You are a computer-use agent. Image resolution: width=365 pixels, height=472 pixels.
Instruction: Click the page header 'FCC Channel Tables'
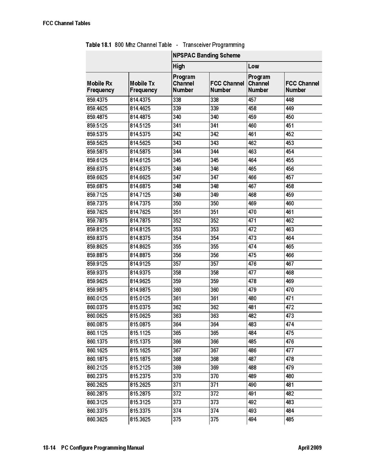coord(67,23)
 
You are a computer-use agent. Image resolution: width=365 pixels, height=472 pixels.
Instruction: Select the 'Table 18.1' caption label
coord(99,45)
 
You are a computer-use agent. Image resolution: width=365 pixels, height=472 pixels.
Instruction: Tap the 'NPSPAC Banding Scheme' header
coord(206,56)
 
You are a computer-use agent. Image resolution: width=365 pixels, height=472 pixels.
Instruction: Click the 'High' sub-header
coord(179,66)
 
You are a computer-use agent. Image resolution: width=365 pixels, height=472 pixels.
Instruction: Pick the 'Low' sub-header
coord(253,66)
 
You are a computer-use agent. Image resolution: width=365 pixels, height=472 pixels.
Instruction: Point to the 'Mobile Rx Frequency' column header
coord(101,87)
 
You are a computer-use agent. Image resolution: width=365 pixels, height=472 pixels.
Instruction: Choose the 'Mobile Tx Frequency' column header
coord(143,87)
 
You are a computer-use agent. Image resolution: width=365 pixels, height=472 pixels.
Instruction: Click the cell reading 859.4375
coord(97,100)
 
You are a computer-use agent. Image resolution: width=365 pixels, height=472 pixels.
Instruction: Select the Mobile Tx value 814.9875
coord(140,290)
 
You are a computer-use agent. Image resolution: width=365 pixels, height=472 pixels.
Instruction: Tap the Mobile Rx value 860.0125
coord(97,299)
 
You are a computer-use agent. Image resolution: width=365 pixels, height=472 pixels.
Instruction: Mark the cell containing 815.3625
coord(140,420)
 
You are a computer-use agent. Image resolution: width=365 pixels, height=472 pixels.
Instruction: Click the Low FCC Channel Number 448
coord(290,100)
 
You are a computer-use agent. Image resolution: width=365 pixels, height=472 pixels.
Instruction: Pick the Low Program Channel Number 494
coord(252,420)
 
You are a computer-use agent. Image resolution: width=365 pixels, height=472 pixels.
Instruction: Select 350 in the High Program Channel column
coord(177,204)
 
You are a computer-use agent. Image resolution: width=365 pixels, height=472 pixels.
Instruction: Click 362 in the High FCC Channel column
coord(214,307)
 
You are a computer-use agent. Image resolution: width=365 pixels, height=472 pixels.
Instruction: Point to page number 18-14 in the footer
coord(49,448)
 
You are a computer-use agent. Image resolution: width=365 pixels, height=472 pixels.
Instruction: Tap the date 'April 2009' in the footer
coord(310,448)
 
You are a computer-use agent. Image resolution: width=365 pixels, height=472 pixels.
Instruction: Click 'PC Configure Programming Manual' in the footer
coord(102,448)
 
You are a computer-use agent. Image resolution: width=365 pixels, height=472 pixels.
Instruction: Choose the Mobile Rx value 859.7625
coord(97,212)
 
